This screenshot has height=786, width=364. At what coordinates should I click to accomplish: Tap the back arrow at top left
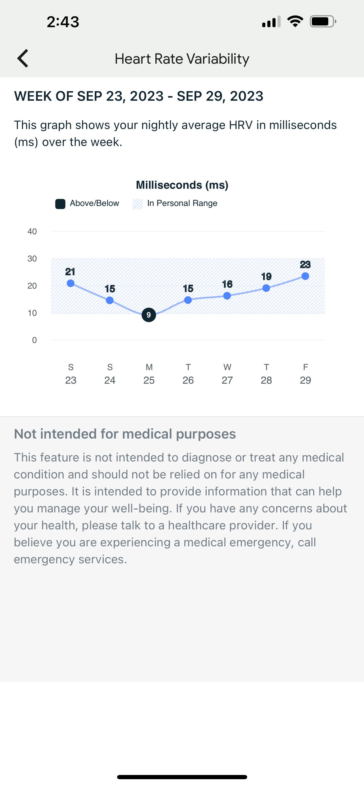point(23,58)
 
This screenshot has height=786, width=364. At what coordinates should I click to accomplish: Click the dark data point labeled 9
point(149,315)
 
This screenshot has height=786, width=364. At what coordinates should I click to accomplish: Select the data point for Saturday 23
point(71,283)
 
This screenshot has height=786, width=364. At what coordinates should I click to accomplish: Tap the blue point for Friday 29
point(305,276)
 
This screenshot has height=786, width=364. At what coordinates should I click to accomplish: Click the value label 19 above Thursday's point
point(266,276)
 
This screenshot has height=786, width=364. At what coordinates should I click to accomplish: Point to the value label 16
point(227,284)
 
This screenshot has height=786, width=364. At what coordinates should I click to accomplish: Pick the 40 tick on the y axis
point(32,232)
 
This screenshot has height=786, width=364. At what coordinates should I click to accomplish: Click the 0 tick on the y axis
point(34,340)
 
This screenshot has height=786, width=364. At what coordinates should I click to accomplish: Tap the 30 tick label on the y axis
point(32,259)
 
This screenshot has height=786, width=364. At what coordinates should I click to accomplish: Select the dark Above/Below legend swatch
point(60,204)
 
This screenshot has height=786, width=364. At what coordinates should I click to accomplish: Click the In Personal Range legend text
point(182,203)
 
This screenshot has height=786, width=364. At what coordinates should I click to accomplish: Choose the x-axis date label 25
point(149,380)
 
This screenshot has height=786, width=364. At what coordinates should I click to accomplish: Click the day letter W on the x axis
point(227,367)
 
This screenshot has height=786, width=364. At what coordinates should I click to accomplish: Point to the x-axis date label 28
point(266,380)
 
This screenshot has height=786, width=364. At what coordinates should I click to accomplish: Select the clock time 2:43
point(63,22)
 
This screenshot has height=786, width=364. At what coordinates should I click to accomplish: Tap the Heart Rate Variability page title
point(182,59)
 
